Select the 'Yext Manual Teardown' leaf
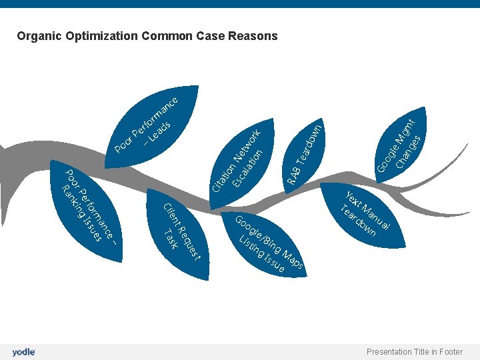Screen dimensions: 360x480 pyautogui.click(x=364, y=213)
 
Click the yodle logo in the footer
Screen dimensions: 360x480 pyautogui.click(x=23, y=352)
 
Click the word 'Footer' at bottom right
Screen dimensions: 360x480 pyautogui.click(x=450, y=352)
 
